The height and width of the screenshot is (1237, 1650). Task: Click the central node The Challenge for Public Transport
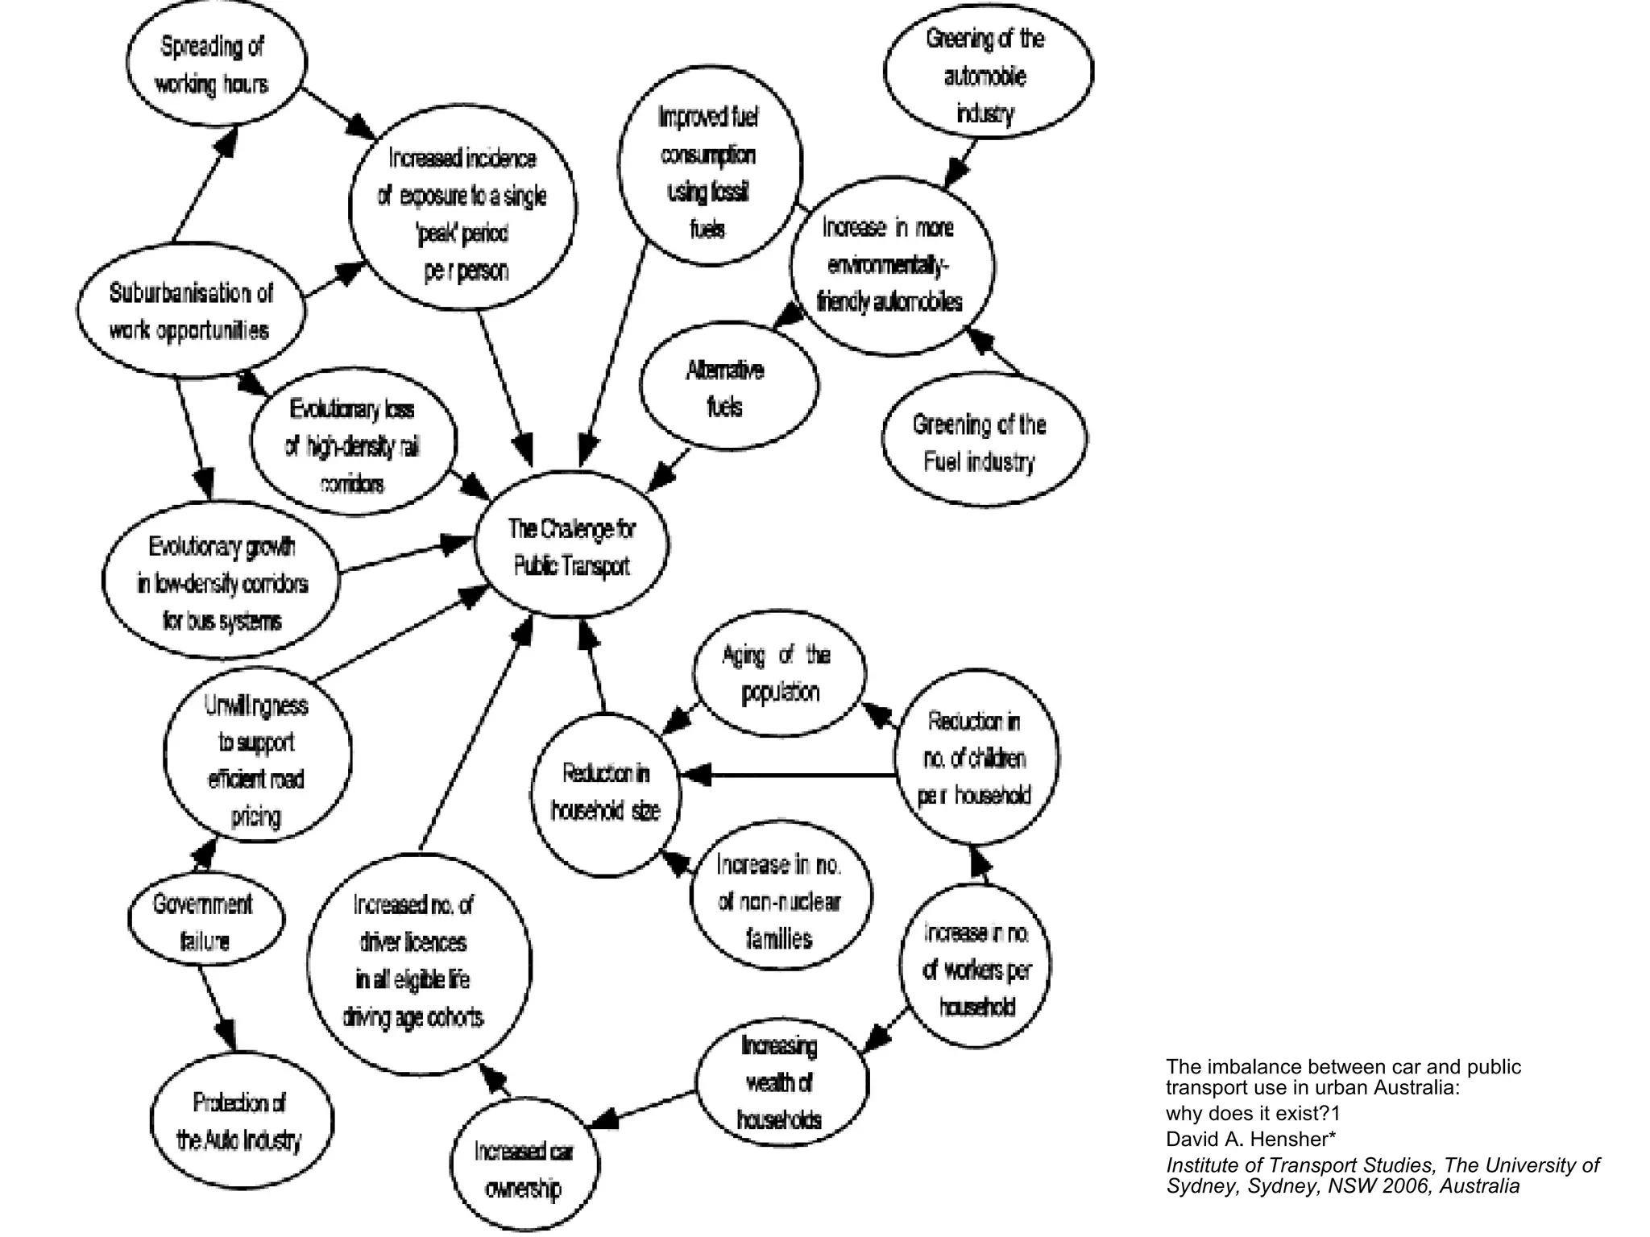pyautogui.click(x=571, y=546)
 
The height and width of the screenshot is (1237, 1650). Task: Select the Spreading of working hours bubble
pyautogui.click(x=215, y=64)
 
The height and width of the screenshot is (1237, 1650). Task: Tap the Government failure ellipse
pyautogui.click(x=205, y=920)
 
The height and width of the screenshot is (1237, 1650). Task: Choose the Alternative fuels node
pyautogui.click(x=727, y=387)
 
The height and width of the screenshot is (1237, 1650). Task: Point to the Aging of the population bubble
pyautogui.click(x=780, y=673)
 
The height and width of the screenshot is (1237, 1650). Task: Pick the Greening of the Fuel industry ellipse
pyautogui.click(x=981, y=441)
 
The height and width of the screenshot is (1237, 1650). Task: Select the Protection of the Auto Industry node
pyautogui.click(x=240, y=1120)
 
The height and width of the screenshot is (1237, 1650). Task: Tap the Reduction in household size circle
pyautogui.click(x=606, y=792)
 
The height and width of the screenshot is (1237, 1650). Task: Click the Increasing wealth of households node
pyautogui.click(x=780, y=1083)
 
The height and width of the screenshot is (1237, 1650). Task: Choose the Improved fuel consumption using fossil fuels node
pyautogui.click(x=709, y=171)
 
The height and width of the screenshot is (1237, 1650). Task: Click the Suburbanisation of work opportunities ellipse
pyautogui.click(x=191, y=310)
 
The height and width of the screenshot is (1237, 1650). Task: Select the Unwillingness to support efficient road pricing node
pyautogui.click(x=256, y=759)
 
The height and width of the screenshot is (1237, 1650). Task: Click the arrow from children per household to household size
pyautogui.click(x=790, y=775)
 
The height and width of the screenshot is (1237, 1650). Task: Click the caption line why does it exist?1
pyautogui.click(x=1252, y=1113)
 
